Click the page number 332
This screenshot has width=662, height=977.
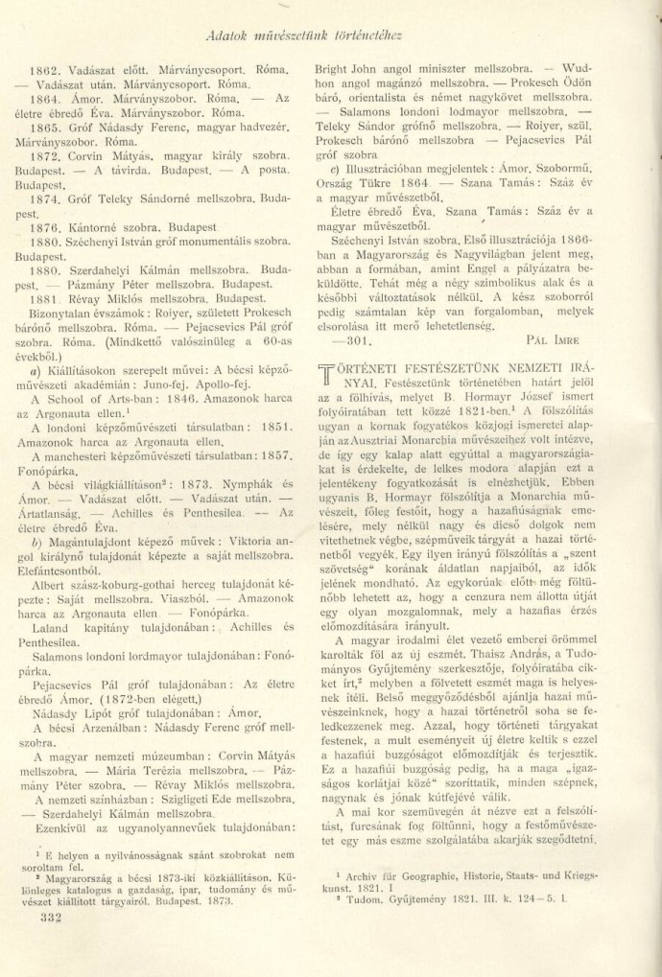[x=46, y=916]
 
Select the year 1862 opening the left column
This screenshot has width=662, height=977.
[x=46, y=70]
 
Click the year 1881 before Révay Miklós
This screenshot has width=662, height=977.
[x=46, y=298]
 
